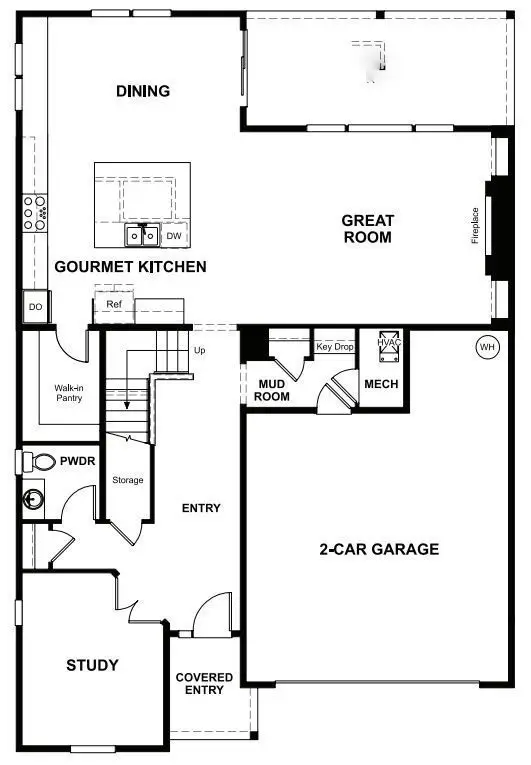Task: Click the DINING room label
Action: (x=143, y=91)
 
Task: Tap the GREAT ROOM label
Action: (x=367, y=228)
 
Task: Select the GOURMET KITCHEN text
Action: (x=130, y=266)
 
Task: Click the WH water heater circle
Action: (x=487, y=347)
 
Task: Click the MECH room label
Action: (x=382, y=384)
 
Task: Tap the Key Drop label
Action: (x=335, y=347)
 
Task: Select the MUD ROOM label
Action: (x=273, y=390)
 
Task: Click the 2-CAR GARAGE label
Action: (x=379, y=549)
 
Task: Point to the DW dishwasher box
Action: (x=174, y=236)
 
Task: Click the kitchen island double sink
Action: (x=141, y=235)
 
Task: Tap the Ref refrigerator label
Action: (x=113, y=302)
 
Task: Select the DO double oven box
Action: (x=35, y=307)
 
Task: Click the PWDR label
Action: (x=76, y=463)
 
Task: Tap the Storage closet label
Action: (x=128, y=480)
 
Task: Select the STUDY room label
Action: (x=92, y=665)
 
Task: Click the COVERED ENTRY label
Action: (x=204, y=684)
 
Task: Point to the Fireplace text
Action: (x=476, y=225)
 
